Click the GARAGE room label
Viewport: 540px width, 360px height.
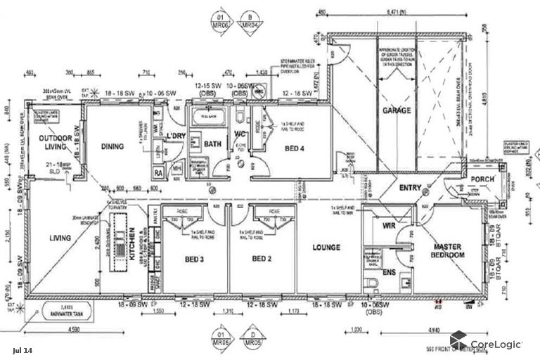[397, 111]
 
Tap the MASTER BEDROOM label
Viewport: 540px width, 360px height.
[449, 251]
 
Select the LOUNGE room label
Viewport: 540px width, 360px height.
[326, 247]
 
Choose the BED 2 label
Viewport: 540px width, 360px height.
[261, 259]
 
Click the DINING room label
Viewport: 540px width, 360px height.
[112, 146]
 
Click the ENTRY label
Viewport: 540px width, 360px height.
[410, 188]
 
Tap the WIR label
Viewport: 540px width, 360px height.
[388, 226]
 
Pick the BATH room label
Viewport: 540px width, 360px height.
[213, 144]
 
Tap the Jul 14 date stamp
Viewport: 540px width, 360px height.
[22, 349]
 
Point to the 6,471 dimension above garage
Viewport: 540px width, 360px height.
[397, 12]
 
